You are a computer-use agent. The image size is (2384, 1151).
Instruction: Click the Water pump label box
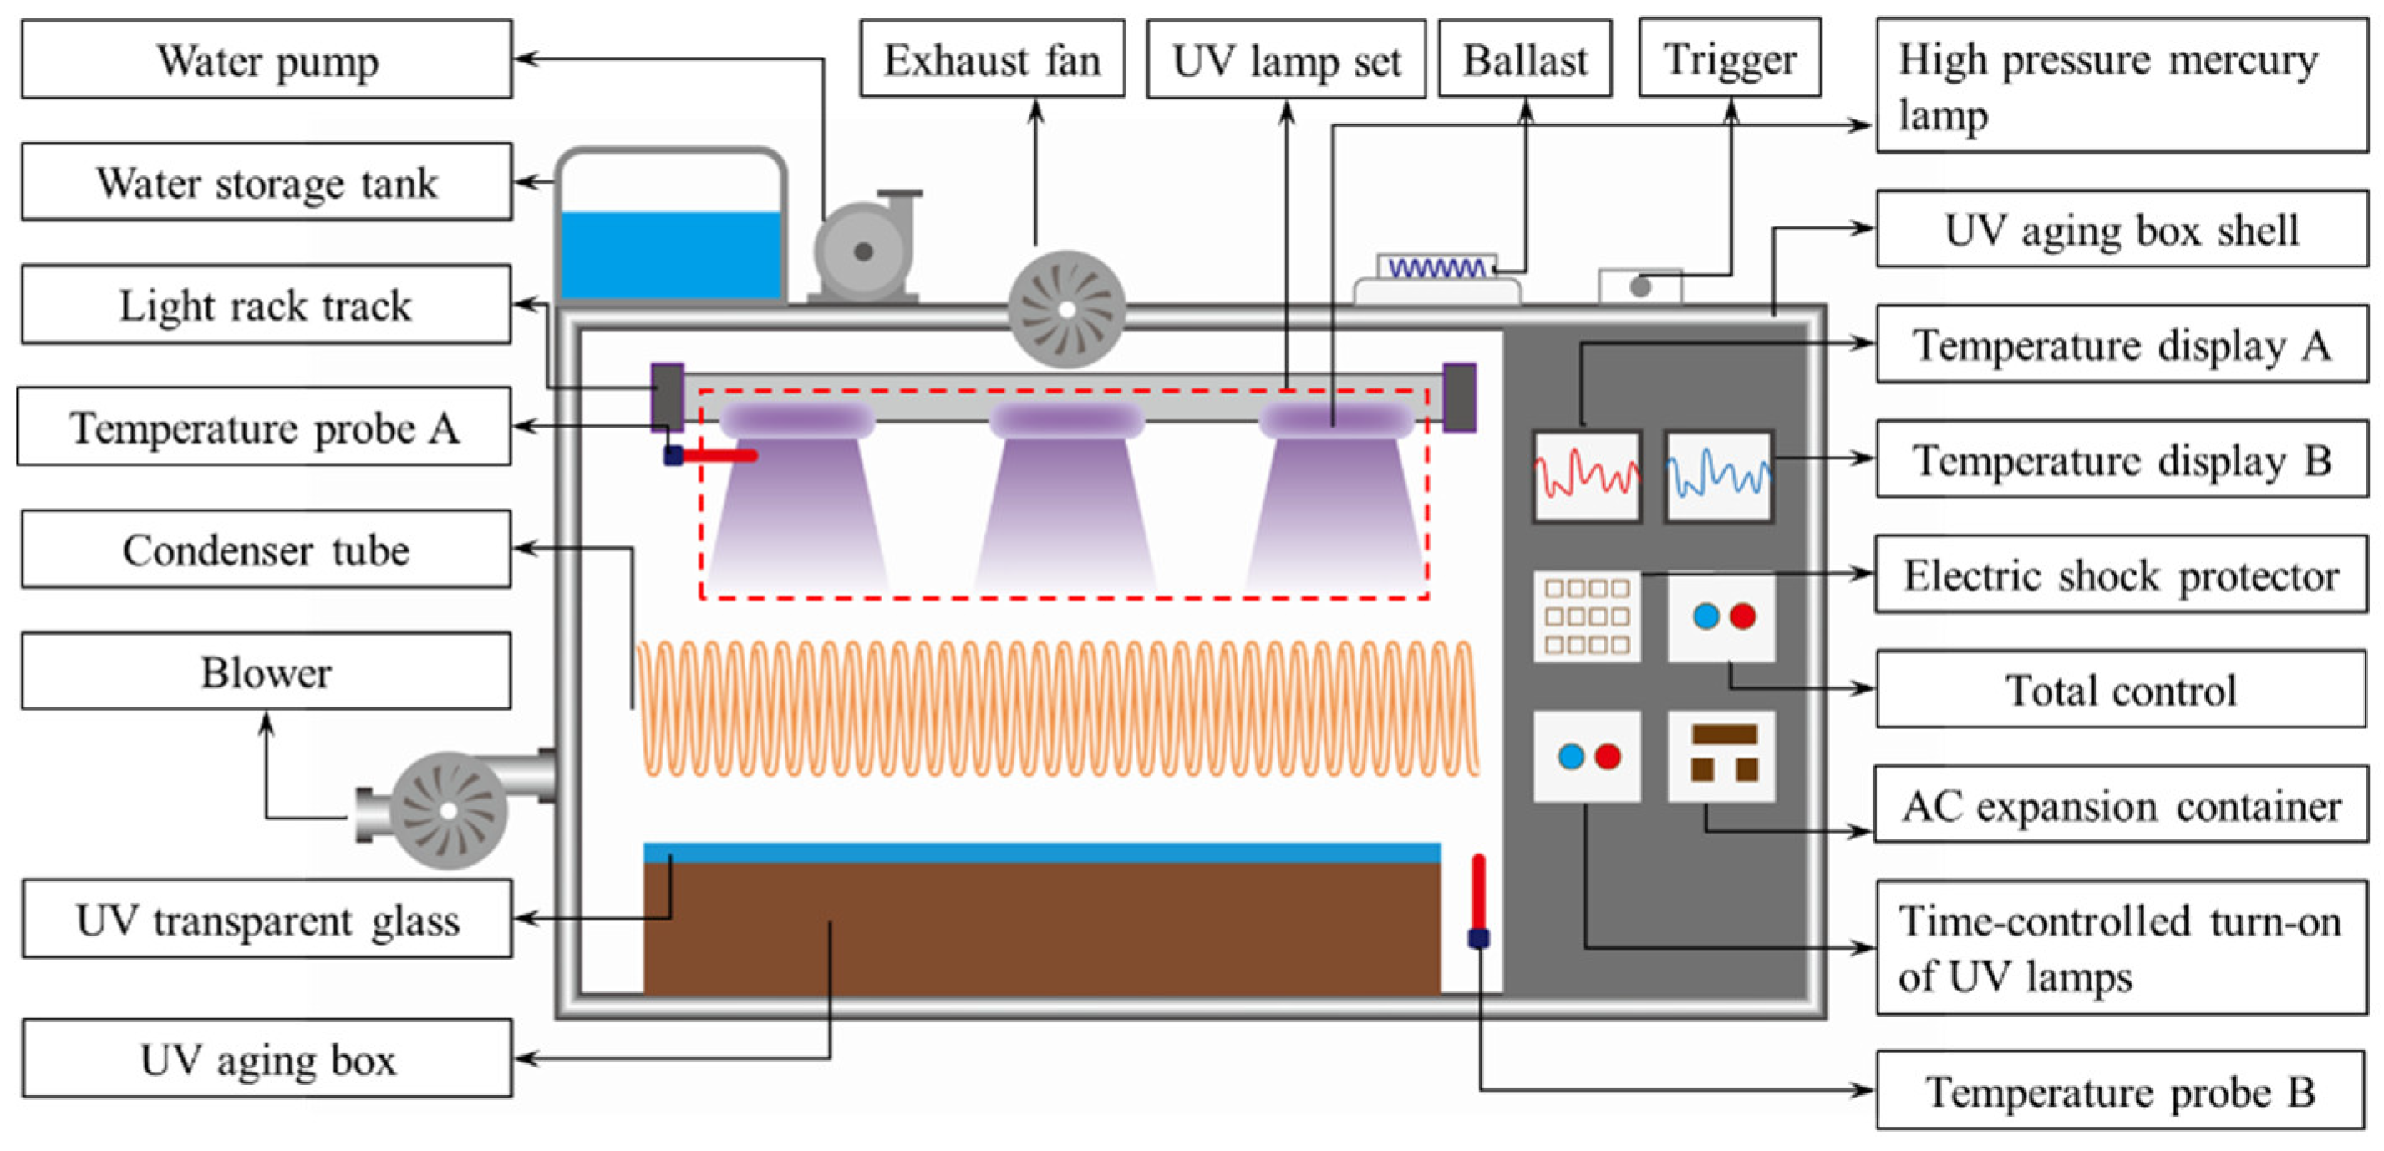tap(267, 60)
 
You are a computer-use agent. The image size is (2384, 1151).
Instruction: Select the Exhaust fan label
tap(992, 60)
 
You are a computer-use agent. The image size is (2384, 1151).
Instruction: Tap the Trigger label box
tap(1729, 58)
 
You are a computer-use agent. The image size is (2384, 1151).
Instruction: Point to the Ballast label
tap(1524, 60)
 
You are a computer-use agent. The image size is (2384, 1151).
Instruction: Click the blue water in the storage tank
tap(671, 255)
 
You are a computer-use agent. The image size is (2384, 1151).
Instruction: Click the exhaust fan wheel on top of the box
tap(1066, 309)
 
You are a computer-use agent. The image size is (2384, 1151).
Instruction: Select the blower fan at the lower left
tap(449, 810)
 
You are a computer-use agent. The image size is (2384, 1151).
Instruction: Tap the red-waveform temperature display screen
tap(1586, 475)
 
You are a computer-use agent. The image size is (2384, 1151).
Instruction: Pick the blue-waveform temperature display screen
tap(1719, 475)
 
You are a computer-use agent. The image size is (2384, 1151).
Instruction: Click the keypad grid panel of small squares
tap(1586, 616)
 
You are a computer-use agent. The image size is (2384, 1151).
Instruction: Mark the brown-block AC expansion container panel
tap(1721, 756)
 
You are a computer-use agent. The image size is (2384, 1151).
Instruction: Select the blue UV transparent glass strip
tap(1041, 852)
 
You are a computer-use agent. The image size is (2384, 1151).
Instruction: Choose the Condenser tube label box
tap(267, 550)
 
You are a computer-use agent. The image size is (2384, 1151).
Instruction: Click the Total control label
tap(2120, 690)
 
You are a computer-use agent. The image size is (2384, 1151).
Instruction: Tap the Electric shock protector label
tap(2120, 575)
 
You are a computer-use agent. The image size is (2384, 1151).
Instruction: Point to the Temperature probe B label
tap(2120, 1091)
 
